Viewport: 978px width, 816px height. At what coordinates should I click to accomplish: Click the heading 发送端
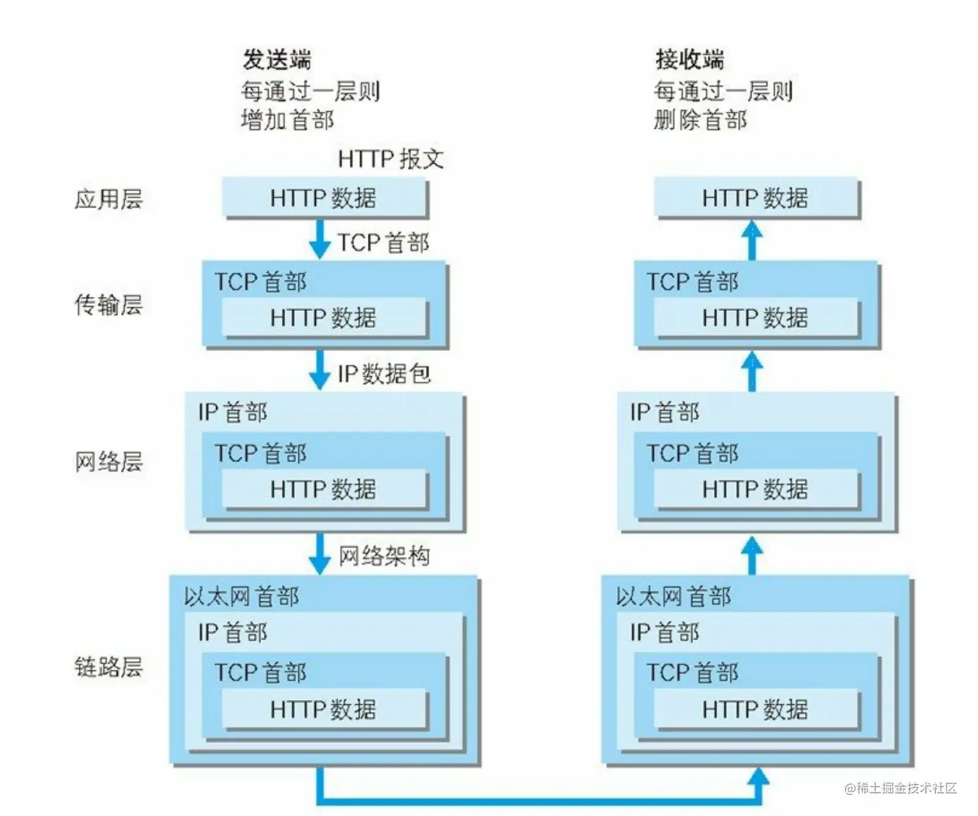[277, 60]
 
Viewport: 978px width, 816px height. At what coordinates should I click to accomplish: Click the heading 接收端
[690, 60]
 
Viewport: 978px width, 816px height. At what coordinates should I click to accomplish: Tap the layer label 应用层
[108, 199]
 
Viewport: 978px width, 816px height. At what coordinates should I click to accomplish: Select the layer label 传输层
[108, 305]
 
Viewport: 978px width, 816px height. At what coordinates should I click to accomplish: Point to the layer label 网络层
[108, 461]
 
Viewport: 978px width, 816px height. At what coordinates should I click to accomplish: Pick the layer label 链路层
[108, 666]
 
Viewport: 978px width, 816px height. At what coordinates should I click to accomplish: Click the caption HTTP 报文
[390, 159]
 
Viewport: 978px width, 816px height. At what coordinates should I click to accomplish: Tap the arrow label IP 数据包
[383, 374]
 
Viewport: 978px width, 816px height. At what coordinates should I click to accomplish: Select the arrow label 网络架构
[383, 556]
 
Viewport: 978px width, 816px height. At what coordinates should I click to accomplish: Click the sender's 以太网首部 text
[241, 597]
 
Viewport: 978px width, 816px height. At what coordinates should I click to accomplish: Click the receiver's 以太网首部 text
[673, 597]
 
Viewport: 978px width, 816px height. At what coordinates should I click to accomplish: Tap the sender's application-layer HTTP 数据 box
[324, 198]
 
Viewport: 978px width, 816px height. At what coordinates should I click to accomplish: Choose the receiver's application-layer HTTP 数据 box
[756, 198]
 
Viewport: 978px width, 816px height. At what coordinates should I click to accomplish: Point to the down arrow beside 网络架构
[319, 554]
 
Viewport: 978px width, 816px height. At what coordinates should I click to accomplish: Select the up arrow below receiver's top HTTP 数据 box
[752, 241]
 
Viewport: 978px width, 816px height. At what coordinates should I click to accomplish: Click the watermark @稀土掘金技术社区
[901, 788]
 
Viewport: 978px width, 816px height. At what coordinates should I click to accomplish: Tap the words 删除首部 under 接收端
[700, 120]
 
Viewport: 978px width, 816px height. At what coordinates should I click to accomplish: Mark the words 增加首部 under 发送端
[287, 120]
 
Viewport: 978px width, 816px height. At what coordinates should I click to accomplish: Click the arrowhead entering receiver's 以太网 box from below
[758, 777]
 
